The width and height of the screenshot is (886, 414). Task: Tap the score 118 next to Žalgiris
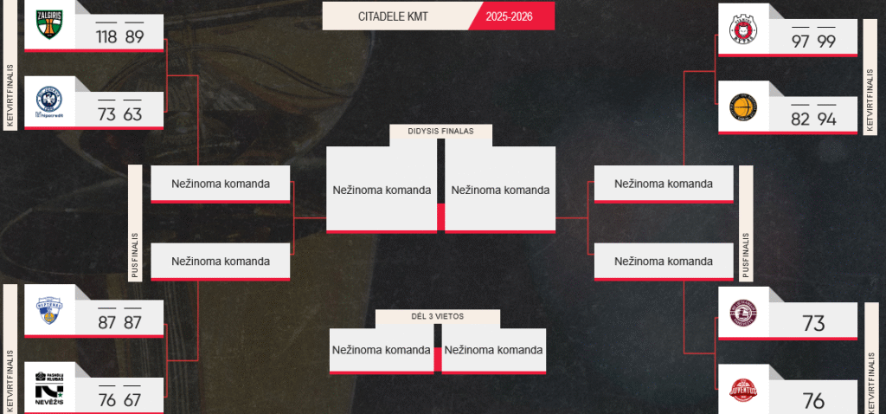(x=107, y=37)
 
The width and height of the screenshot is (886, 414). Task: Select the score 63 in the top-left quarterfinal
(x=133, y=115)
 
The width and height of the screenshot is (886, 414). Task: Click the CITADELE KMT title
(x=395, y=16)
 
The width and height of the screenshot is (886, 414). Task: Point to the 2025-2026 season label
(x=509, y=16)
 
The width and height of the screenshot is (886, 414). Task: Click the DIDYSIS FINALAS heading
(x=441, y=132)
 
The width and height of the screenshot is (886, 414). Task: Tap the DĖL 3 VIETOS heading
(x=438, y=317)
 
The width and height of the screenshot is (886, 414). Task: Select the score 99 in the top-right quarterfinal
(x=826, y=42)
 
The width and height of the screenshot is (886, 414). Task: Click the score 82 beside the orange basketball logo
(x=800, y=120)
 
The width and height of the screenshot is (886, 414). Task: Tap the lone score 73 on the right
(x=813, y=324)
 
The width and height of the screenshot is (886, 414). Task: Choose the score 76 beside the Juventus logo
(x=813, y=401)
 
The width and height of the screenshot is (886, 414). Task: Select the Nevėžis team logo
(x=48, y=386)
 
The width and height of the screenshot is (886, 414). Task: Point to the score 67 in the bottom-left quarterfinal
(x=133, y=399)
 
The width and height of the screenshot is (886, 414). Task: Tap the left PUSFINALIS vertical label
(x=135, y=221)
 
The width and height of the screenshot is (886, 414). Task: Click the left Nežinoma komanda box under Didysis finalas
(x=382, y=190)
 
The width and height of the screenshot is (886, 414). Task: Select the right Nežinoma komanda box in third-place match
(x=496, y=350)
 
